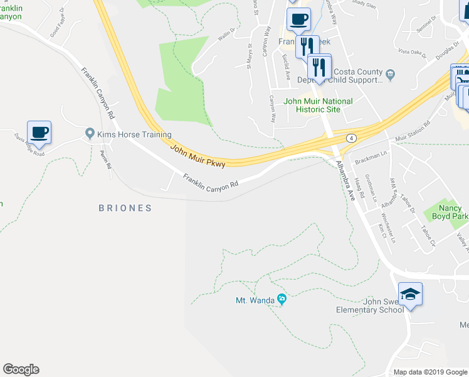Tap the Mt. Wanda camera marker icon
282,300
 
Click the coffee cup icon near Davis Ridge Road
39,133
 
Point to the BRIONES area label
125,208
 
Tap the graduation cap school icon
410,294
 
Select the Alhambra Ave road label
345,180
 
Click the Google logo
21,369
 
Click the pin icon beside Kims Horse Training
90,134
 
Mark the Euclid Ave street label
287,65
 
